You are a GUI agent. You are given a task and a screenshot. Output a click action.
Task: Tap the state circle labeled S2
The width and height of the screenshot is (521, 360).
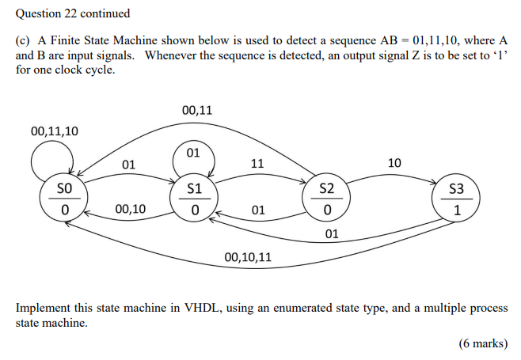coord(326,199)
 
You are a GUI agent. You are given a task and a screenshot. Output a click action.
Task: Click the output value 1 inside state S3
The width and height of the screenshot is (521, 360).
coord(456,210)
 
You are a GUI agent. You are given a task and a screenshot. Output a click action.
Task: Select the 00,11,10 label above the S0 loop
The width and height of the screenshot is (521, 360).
coord(55,131)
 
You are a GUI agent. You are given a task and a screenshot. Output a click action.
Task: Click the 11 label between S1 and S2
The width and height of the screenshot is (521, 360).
coord(257,164)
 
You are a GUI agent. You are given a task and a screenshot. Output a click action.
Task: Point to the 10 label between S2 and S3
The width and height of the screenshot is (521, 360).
coord(394,163)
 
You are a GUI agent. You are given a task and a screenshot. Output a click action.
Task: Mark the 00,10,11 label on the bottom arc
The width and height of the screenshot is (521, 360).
coord(248,257)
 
